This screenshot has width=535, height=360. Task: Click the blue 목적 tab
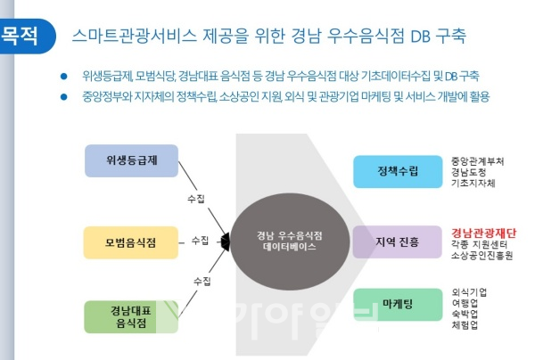click(28, 37)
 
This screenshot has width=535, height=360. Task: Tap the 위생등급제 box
click(131, 160)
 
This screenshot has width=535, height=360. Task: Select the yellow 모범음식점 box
click(131, 242)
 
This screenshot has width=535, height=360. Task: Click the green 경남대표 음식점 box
click(131, 316)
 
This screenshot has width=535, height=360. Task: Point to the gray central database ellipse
click(290, 241)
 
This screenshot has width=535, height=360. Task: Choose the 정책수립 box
click(398, 171)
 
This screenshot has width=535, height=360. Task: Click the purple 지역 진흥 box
click(397, 241)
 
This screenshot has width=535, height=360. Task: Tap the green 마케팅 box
click(398, 305)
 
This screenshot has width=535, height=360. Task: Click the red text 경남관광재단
click(484, 233)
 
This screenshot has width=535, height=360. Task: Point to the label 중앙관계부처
click(477, 161)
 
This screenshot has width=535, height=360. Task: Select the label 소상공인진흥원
click(481, 256)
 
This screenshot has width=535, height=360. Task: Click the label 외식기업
click(469, 292)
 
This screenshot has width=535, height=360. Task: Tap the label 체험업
click(465, 325)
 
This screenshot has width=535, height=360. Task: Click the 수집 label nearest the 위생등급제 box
click(196, 199)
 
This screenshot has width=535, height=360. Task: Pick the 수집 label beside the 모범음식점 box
click(200, 241)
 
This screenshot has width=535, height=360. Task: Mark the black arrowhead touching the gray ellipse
click(226, 241)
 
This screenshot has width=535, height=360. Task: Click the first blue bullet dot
click(64, 76)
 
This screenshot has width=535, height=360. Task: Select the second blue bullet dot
click(64, 97)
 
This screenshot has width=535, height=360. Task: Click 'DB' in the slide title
click(420, 37)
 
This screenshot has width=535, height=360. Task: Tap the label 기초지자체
click(473, 183)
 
